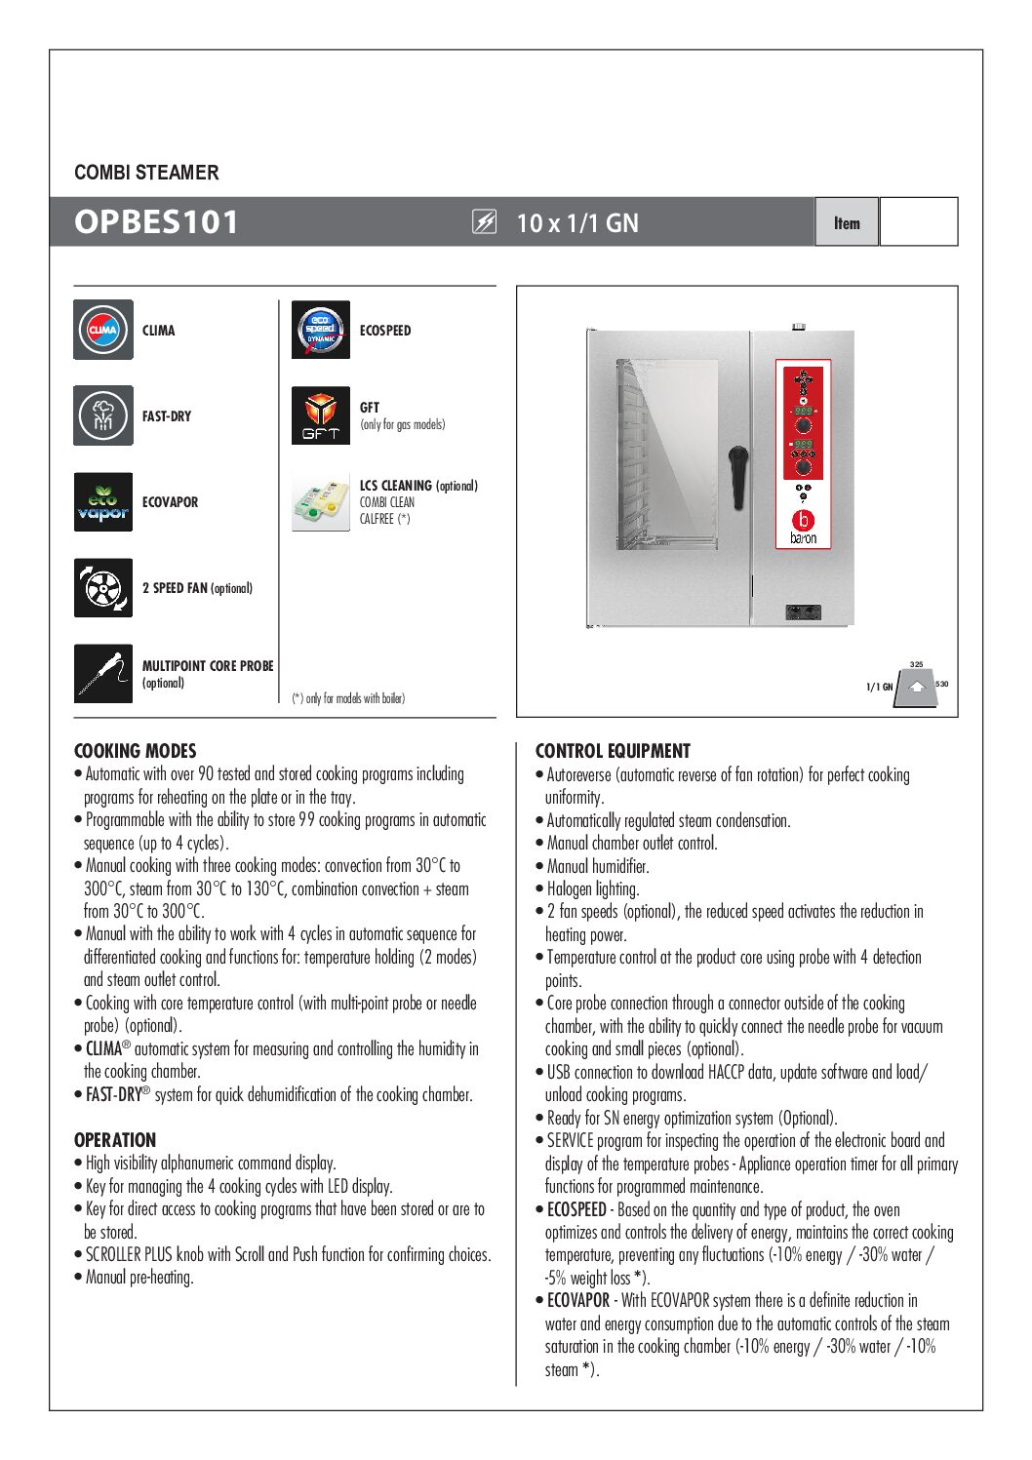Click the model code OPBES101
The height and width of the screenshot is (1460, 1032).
coord(156,222)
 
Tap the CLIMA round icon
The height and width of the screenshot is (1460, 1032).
coord(102,330)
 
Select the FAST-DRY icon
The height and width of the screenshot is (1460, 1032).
coord(102,415)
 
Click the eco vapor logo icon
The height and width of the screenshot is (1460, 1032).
coord(102,501)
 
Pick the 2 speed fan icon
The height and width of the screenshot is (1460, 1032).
coord(102,587)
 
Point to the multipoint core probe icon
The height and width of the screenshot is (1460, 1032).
coord(102,673)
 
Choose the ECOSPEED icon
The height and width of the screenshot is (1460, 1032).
coord(320,330)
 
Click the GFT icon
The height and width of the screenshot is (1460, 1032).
coord(320,415)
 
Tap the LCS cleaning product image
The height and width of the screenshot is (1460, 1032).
coord(320,501)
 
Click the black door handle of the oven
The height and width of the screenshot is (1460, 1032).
coord(738,475)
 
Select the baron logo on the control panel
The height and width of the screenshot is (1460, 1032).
coord(803,526)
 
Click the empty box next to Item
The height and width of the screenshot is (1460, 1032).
coord(918,222)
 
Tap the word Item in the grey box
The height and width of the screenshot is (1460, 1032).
coord(847,222)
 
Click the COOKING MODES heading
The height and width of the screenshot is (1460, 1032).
coord(135,751)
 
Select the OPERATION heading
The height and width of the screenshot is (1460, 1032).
coord(115,1140)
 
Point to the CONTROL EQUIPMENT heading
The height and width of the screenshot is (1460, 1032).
coord(613,751)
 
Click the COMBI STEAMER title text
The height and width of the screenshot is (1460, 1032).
coord(146,173)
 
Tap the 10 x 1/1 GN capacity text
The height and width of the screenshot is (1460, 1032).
coord(577,223)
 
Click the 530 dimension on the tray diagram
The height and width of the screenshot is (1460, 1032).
coord(941,684)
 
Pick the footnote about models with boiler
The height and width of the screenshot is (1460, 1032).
coord(348,698)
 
